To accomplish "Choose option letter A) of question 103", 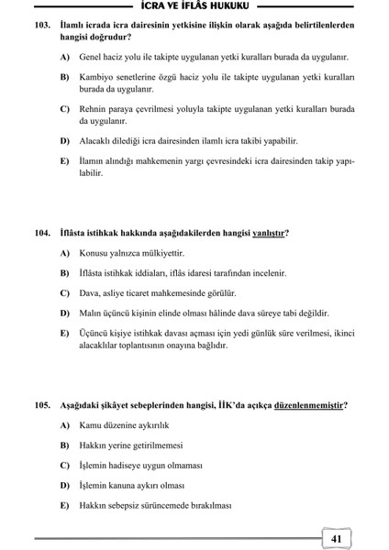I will [x=65, y=57].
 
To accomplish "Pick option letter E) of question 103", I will [x=65, y=160].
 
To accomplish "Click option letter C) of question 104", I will [x=65, y=293].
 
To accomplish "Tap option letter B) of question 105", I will [x=65, y=445].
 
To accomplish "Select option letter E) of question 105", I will [x=65, y=505].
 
